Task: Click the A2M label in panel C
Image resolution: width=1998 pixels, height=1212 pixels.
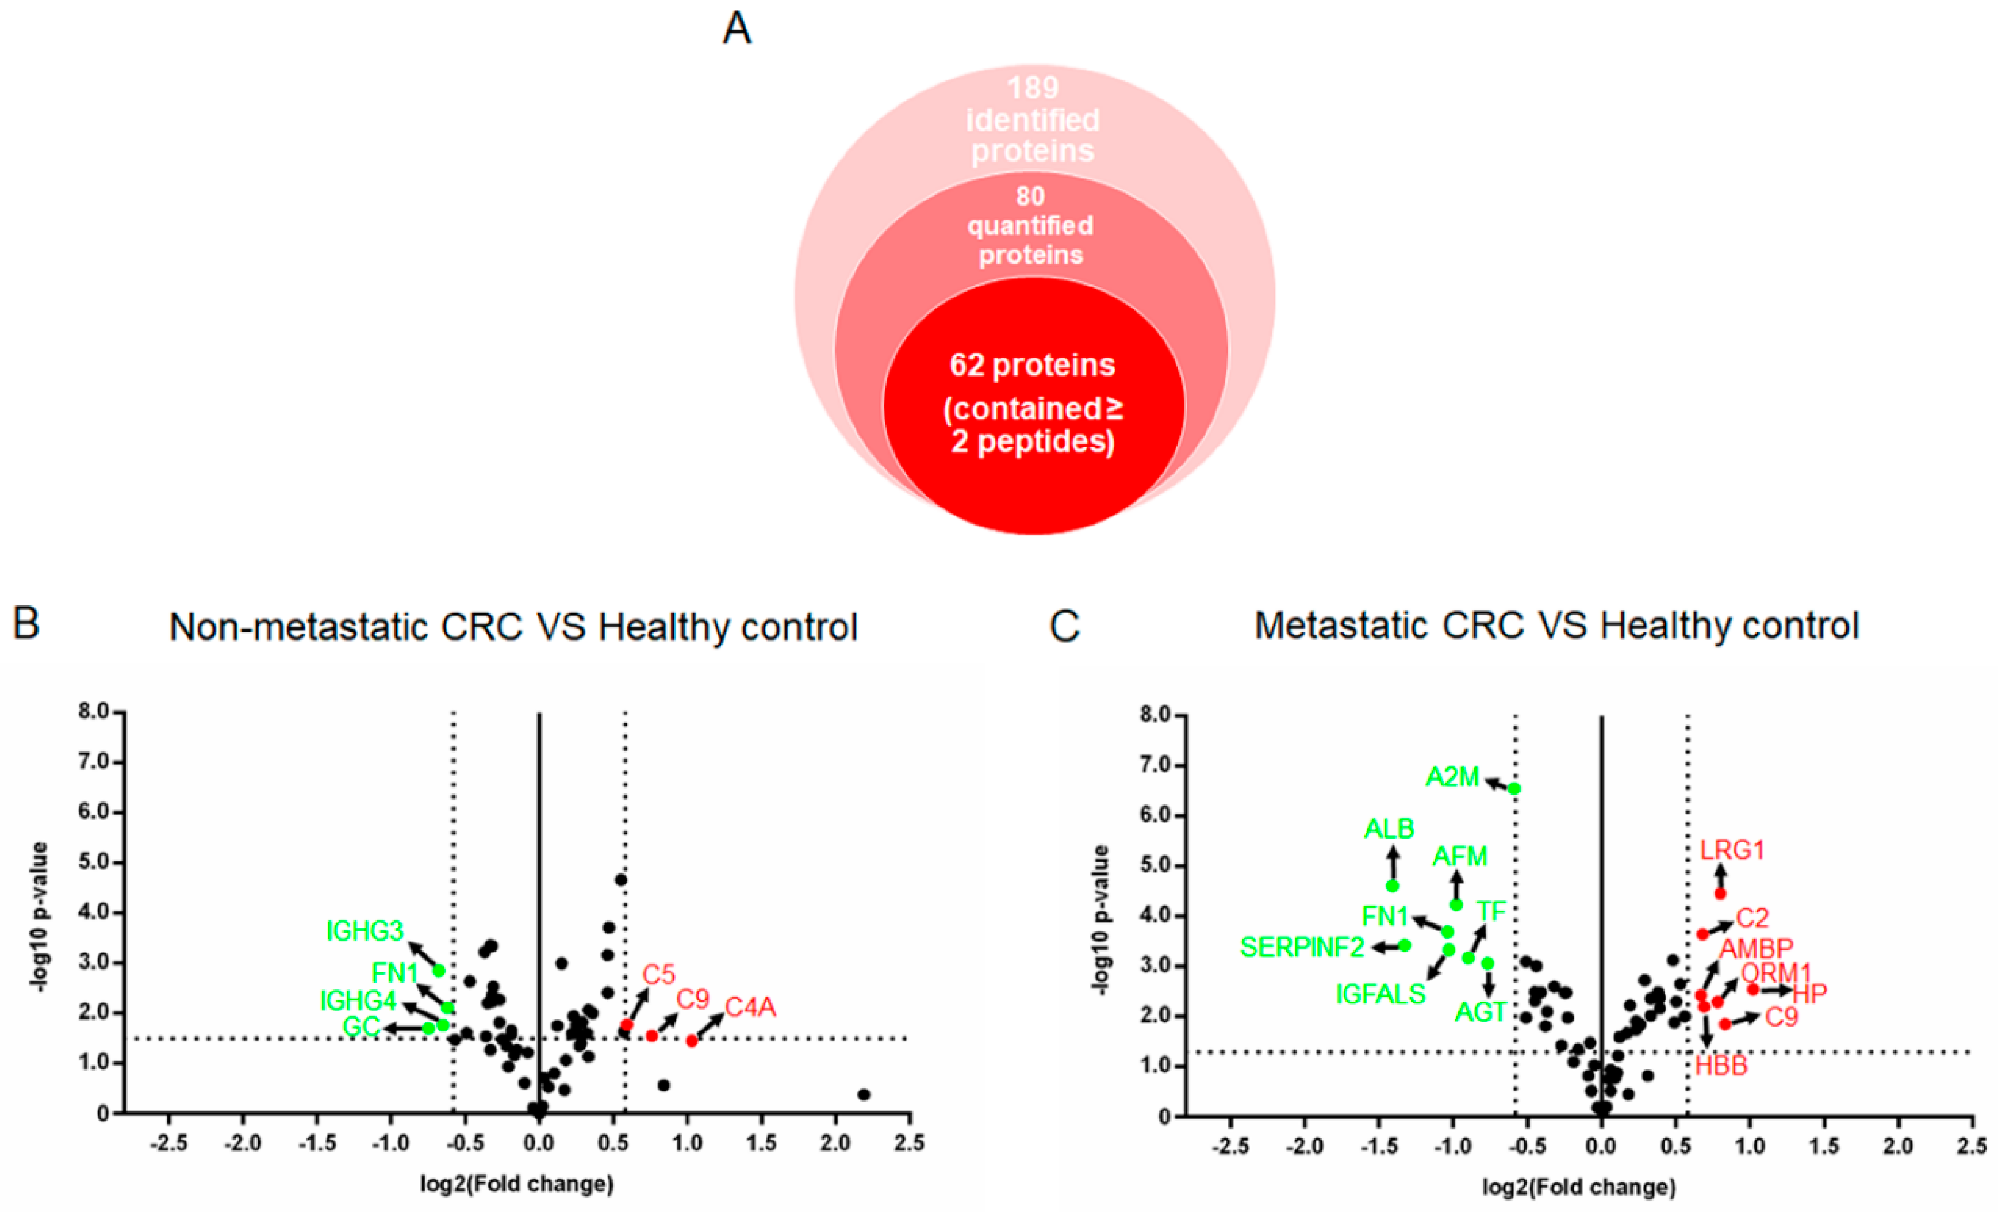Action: tap(1452, 777)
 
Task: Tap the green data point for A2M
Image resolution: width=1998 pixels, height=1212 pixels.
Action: tap(1514, 789)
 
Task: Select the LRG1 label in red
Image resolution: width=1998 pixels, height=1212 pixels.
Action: tap(1732, 850)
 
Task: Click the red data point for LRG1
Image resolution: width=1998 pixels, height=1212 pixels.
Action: tap(1720, 893)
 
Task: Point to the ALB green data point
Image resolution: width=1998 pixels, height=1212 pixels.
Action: tap(1392, 885)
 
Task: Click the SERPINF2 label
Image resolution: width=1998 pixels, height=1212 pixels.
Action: tap(1302, 947)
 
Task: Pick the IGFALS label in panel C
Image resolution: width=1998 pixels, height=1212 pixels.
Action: tap(1380, 994)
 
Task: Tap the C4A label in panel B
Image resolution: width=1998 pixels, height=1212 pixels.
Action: tap(750, 1008)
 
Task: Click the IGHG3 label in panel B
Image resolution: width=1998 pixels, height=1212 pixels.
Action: tap(365, 931)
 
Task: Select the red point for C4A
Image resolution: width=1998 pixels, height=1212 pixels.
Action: tap(692, 1041)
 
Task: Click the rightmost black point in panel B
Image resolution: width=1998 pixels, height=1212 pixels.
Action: tap(864, 1095)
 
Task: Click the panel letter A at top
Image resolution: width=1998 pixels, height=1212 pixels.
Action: tap(737, 29)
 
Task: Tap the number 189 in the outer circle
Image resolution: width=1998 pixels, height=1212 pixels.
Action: tap(1033, 87)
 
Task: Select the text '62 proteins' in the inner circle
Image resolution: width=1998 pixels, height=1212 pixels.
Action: tap(1032, 366)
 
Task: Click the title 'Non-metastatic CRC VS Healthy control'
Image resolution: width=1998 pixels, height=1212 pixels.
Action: tap(513, 627)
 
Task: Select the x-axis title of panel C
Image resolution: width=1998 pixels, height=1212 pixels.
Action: tap(1579, 1188)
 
